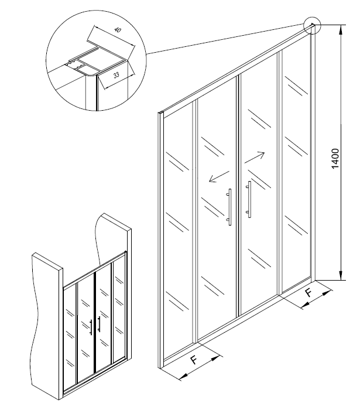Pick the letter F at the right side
coord(308,291)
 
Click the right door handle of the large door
coord(250,199)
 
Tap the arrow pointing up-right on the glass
coord(255,158)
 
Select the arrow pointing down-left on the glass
coord(218,177)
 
